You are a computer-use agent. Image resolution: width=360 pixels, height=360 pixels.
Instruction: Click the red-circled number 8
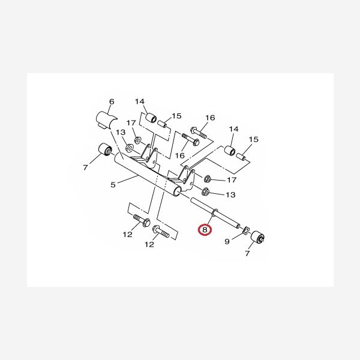coord(205,230)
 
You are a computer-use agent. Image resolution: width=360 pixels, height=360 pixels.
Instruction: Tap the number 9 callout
coord(227,242)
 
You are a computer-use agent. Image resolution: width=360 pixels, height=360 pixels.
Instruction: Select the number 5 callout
coord(113,185)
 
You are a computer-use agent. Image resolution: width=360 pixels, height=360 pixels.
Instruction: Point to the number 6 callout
coord(112,101)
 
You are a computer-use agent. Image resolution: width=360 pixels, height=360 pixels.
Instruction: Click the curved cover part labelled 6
coord(106,121)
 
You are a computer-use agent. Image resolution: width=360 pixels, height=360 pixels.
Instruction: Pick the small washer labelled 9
coord(245,230)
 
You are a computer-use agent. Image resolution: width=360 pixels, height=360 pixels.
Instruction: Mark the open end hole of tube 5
coord(178,192)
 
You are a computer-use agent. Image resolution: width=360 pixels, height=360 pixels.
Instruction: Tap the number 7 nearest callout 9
coord(247,253)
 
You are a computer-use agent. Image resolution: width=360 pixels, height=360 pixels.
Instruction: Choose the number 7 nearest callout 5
coord(85,167)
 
